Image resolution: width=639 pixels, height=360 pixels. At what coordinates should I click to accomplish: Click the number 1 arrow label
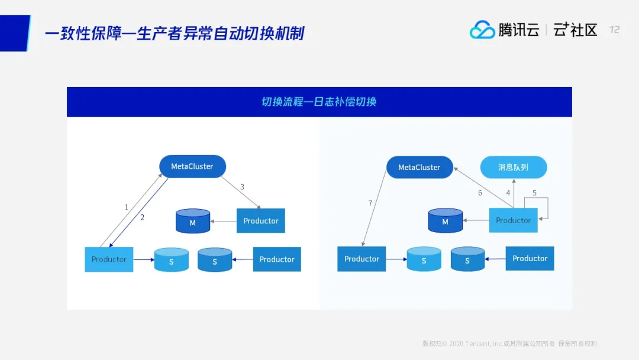tap(126, 207)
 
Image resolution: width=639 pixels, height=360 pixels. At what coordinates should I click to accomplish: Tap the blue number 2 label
tap(142, 217)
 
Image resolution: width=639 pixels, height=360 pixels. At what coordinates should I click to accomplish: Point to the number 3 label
tap(242, 187)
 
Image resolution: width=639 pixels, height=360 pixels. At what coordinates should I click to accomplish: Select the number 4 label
tap(508, 192)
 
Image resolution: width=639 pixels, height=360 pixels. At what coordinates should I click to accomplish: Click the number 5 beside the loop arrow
tap(534, 192)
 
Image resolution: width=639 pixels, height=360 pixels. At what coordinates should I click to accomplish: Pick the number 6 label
tap(480, 192)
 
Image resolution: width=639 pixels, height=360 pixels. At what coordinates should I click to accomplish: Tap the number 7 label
tap(370, 203)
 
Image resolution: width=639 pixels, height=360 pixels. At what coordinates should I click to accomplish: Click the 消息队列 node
tap(513, 168)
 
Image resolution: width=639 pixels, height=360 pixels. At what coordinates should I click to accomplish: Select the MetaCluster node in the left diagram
tap(192, 166)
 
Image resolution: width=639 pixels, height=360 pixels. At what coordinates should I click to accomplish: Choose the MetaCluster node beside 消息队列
tap(419, 168)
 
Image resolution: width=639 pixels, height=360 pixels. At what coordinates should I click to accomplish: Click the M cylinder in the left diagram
tap(193, 221)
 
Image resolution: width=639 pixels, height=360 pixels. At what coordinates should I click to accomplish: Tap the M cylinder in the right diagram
tap(445, 221)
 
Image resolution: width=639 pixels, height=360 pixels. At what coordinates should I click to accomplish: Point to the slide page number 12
tap(615, 30)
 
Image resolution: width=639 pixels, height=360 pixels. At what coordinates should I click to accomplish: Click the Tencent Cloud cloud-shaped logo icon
tap(482, 30)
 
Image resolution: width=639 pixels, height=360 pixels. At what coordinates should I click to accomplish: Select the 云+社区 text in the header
tap(575, 30)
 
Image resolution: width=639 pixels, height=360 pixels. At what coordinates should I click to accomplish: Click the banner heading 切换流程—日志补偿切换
tap(319, 102)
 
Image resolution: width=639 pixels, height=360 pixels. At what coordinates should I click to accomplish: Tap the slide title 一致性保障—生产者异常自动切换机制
tap(175, 33)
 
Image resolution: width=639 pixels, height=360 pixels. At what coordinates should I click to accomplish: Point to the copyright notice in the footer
tap(509, 343)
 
